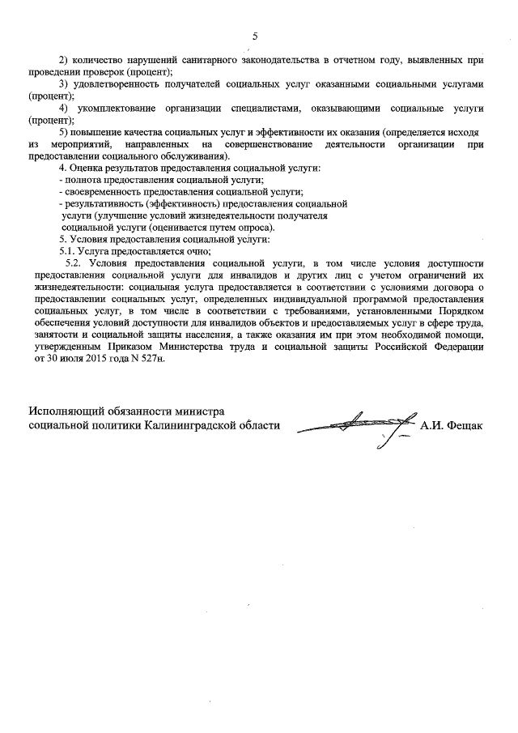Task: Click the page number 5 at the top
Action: click(255, 36)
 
